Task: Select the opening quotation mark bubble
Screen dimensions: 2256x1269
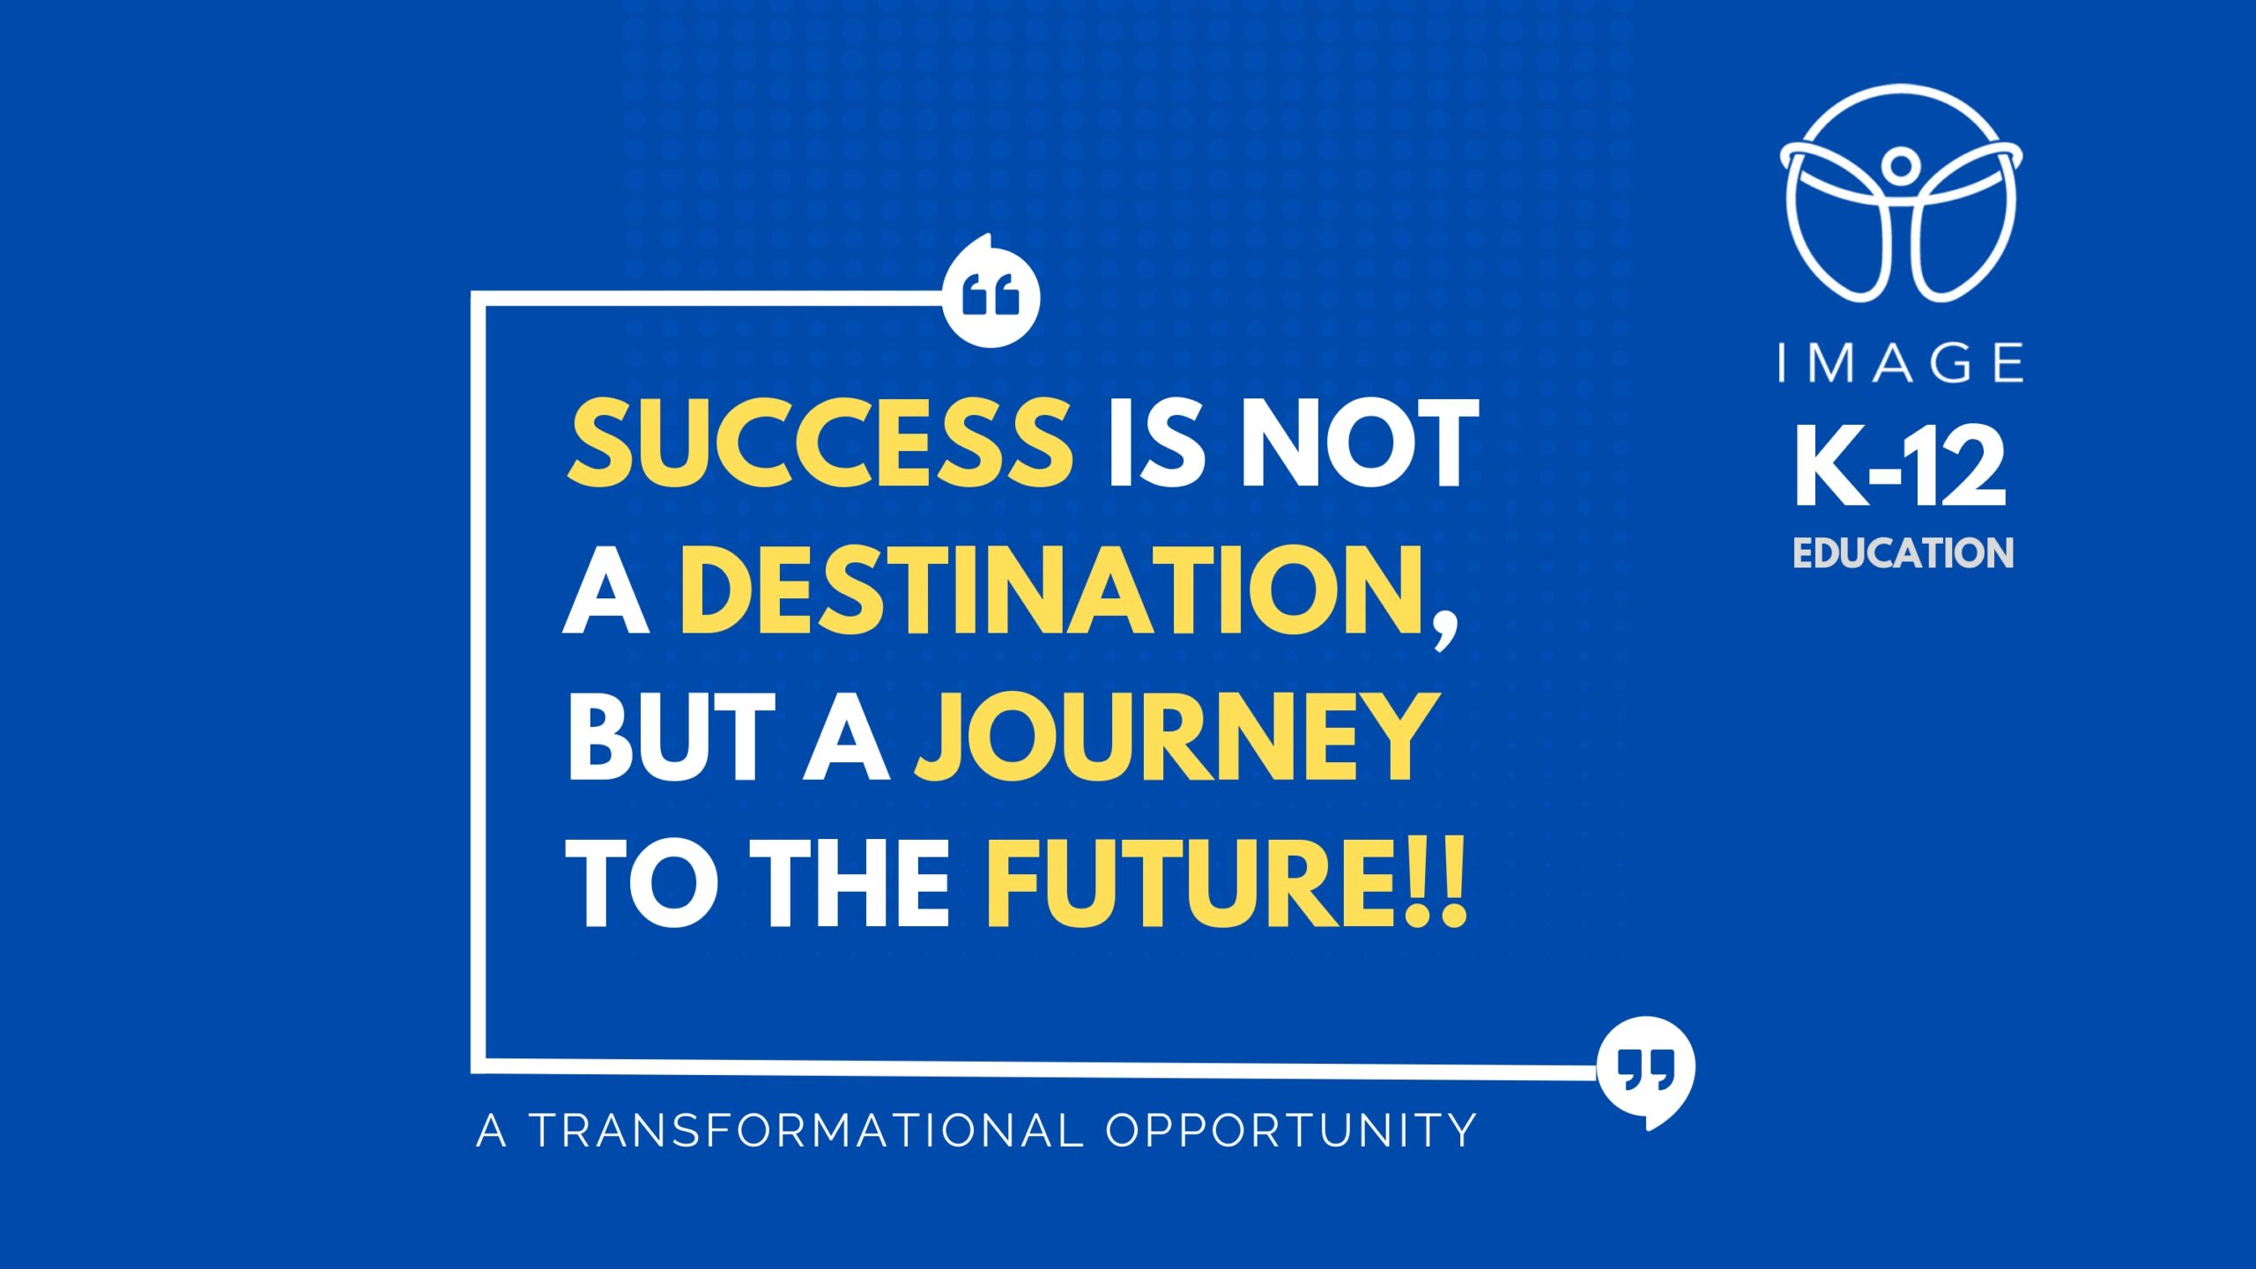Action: click(x=991, y=293)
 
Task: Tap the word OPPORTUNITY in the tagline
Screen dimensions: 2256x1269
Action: click(x=1291, y=1131)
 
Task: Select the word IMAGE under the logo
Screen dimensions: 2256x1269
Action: click(x=1901, y=363)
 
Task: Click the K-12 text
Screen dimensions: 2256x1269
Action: click(x=1901, y=466)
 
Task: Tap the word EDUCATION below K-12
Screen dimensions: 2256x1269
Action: click(x=1903, y=553)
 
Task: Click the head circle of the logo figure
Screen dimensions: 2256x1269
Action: click(x=1901, y=164)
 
